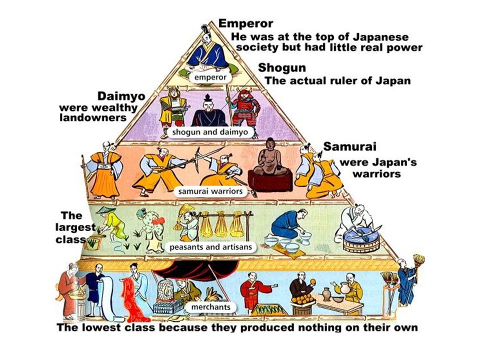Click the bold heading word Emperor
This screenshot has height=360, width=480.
pos(245,23)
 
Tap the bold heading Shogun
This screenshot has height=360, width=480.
pos(282,68)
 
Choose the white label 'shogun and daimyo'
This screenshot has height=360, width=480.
pos(212,132)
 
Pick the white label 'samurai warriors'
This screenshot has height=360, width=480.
pos(210,191)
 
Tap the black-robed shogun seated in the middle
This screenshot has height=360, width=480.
pos(208,110)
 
